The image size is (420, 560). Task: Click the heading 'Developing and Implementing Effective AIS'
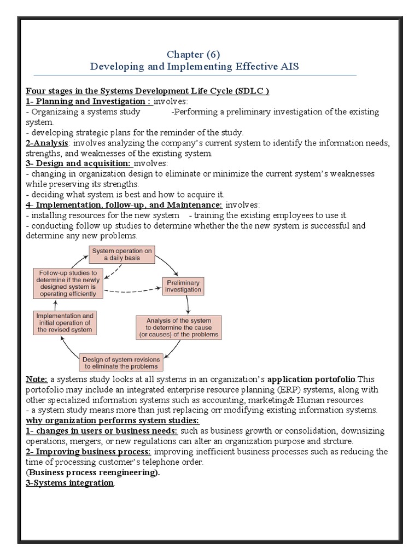click(195, 66)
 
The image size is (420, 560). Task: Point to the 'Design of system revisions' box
click(121, 362)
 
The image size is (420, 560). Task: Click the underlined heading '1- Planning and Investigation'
click(89, 101)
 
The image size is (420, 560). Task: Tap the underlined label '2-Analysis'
click(46, 143)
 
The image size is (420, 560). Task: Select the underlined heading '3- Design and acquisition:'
click(79, 164)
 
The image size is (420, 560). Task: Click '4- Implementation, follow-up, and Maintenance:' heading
click(124, 205)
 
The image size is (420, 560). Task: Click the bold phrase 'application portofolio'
click(312, 379)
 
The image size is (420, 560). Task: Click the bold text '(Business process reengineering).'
click(93, 472)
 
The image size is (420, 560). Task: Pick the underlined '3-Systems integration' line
click(70, 483)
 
